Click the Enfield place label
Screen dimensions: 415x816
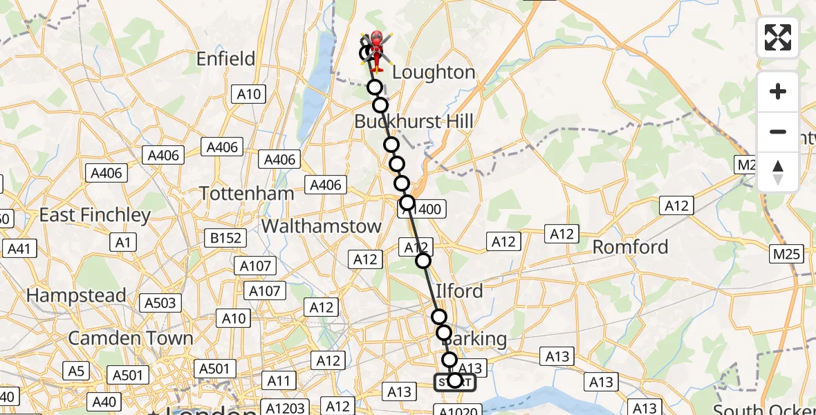pyautogui.click(x=225, y=59)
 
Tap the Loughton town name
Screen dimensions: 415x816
pyautogui.click(x=434, y=73)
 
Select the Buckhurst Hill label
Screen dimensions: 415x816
pyautogui.click(x=414, y=122)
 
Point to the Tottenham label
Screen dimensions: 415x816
pyautogui.click(x=247, y=194)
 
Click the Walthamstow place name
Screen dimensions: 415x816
pyautogui.click(x=322, y=226)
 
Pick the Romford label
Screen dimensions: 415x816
pyautogui.click(x=631, y=247)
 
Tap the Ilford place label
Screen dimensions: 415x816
pyautogui.click(x=460, y=291)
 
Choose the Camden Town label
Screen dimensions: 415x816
pyautogui.click(x=130, y=338)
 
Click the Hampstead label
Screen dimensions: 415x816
pyautogui.click(x=76, y=296)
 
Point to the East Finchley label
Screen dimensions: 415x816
pyautogui.click(x=95, y=215)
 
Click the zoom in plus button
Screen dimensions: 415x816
pyautogui.click(x=778, y=91)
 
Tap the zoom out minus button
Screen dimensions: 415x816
pyautogui.click(x=778, y=131)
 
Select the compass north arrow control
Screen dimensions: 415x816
pyautogui.click(x=778, y=171)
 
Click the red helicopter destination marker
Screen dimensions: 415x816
pyautogui.click(x=376, y=47)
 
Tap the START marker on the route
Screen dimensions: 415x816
pyautogui.click(x=454, y=382)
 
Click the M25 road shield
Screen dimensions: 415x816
pyautogui.click(x=788, y=254)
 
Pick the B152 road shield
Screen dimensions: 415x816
pyautogui.click(x=226, y=238)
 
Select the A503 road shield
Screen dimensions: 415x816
pyautogui.click(x=160, y=302)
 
